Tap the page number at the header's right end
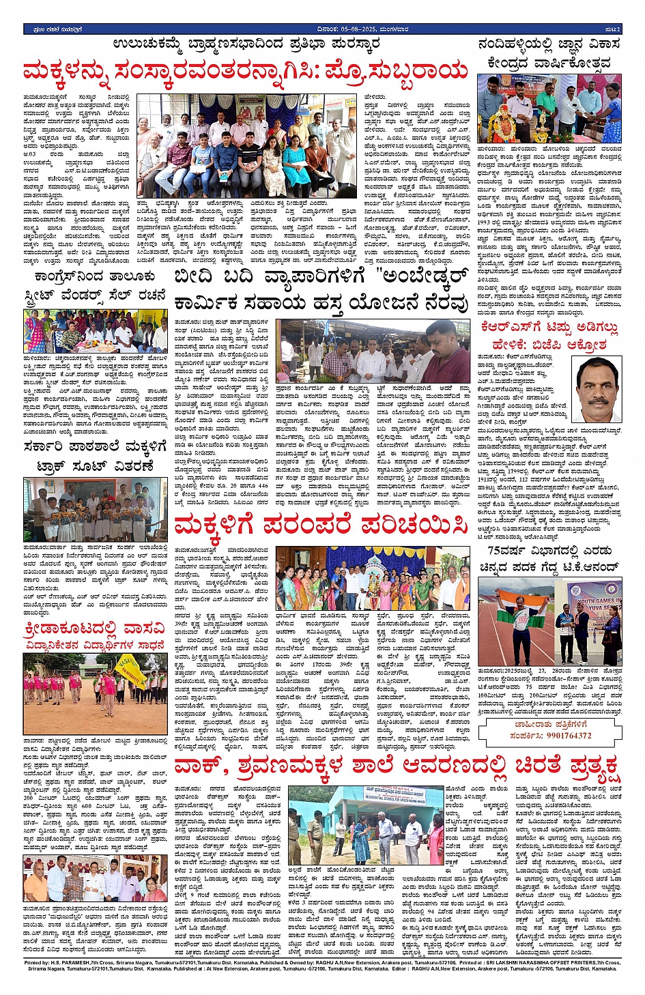614,29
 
